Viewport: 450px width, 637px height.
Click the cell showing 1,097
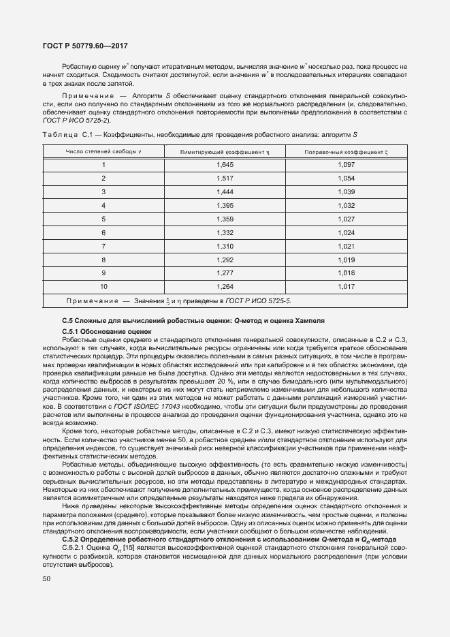pyautogui.click(x=347, y=166)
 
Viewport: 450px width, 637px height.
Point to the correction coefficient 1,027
pyautogui.click(x=347, y=219)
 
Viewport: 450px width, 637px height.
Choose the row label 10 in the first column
pyautogui.click(x=103, y=286)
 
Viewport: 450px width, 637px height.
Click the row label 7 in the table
pyautogui.click(x=103, y=246)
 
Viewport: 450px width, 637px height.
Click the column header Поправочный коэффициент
pyautogui.click(x=347, y=151)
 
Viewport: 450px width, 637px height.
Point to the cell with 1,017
pyautogui.click(x=347, y=286)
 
